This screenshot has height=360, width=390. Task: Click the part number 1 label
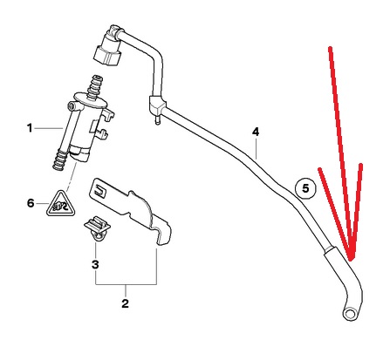[30, 128]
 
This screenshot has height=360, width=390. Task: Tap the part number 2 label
[125, 303]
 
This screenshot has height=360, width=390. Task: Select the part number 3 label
[95, 265]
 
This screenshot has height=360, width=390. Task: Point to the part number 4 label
[256, 132]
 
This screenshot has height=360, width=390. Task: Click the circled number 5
[305, 188]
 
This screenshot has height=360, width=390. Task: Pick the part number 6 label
[31, 203]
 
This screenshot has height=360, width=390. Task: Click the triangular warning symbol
[61, 204]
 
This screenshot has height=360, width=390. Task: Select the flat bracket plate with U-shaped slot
[130, 211]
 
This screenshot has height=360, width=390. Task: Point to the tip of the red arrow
[352, 260]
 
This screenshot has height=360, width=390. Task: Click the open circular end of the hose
[351, 315]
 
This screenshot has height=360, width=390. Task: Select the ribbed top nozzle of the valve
[94, 86]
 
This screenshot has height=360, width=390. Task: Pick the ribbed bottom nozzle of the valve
[59, 160]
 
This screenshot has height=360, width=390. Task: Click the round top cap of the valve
[91, 100]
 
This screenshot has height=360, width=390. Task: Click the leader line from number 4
[256, 148]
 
